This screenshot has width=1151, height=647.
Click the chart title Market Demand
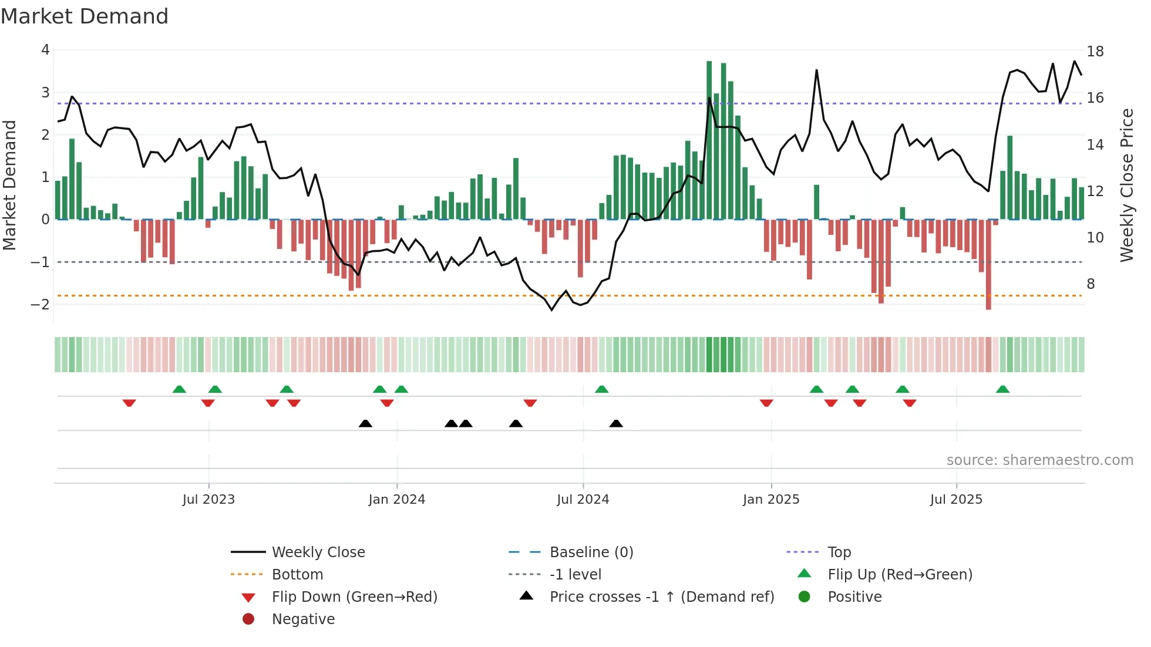[85, 16]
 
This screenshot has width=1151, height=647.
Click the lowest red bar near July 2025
[988, 264]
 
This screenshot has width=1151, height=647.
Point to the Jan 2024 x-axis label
[396, 500]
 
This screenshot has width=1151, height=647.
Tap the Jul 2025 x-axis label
[956, 500]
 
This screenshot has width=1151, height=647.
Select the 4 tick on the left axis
[45, 50]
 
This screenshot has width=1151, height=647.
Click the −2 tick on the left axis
[41, 304]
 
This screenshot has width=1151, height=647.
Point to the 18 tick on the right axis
[1095, 52]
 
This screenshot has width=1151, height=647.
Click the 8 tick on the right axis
[1091, 284]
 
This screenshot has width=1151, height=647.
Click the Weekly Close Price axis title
[1126, 185]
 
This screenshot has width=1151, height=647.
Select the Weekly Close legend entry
[318, 552]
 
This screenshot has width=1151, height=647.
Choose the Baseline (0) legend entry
[591, 552]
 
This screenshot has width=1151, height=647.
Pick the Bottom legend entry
[297, 575]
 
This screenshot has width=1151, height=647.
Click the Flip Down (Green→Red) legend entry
[354, 597]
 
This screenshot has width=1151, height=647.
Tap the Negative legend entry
[303, 619]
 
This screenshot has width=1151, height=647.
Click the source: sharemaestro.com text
[1039, 460]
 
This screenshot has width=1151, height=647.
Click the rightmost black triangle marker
[616, 423]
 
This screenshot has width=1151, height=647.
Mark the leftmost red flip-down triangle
[129, 403]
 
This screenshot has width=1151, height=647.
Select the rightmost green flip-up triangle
[1002, 389]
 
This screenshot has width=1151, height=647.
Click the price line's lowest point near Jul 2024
[552, 309]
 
